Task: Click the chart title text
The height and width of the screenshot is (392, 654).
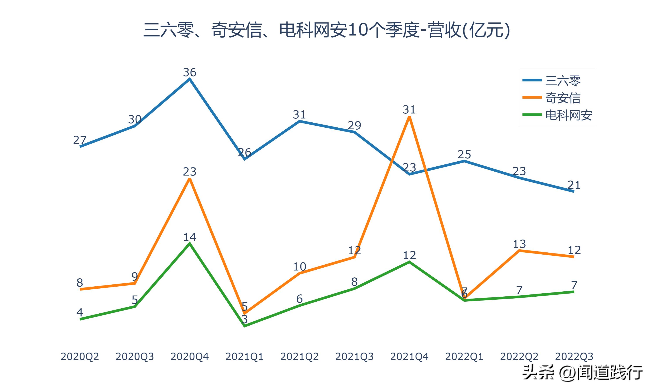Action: (327, 30)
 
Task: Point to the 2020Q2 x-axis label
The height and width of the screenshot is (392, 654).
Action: (80, 357)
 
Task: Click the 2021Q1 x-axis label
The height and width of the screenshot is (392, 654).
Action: (245, 357)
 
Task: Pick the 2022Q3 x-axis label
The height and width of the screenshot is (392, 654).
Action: (574, 357)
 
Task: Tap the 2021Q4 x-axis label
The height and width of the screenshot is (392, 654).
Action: (409, 357)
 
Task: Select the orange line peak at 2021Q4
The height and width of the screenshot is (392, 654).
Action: (409, 117)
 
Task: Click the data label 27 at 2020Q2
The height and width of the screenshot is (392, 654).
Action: (80, 140)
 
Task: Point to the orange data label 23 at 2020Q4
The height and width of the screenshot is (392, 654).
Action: (189, 172)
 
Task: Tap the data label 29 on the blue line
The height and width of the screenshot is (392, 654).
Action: (354, 125)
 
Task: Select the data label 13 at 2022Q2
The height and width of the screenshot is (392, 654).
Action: (519, 244)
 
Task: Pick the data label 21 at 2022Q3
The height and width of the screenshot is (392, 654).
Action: (574, 185)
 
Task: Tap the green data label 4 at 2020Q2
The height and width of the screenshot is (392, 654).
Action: (80, 313)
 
